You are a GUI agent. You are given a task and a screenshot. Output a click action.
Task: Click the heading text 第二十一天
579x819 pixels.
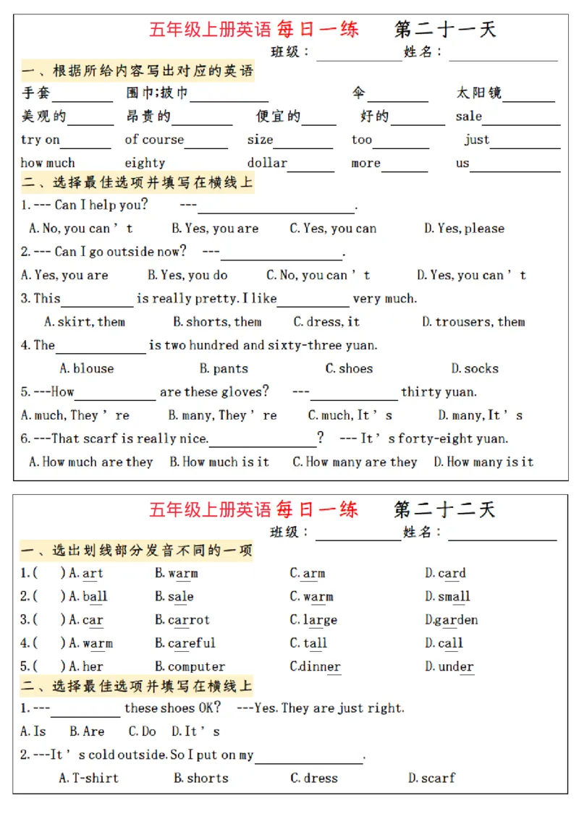[x=444, y=29]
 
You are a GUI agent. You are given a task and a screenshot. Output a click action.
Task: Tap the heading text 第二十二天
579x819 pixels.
[x=444, y=509]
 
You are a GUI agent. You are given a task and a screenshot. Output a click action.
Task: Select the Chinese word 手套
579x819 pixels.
[x=35, y=93]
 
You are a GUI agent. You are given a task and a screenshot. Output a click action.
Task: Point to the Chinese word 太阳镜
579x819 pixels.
[x=478, y=93]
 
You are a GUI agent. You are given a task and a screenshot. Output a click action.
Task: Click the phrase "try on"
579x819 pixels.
[x=40, y=140]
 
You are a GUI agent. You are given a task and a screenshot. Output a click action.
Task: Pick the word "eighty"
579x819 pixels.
[x=145, y=163]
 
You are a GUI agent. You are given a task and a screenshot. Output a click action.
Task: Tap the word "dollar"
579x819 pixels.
[x=267, y=163]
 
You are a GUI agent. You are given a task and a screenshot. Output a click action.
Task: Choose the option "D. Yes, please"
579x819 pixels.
[x=464, y=229]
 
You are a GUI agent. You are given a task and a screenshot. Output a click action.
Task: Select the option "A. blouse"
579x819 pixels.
[x=86, y=368]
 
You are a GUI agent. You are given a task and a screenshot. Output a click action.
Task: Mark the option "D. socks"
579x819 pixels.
[x=475, y=368]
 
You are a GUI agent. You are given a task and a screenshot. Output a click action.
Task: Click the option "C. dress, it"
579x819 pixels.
[x=326, y=322]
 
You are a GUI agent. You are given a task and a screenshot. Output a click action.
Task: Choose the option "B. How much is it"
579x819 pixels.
[x=219, y=462]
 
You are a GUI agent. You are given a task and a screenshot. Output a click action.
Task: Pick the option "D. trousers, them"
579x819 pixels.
[x=473, y=322]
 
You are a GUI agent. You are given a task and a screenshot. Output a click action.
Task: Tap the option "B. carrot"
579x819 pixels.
[x=182, y=620]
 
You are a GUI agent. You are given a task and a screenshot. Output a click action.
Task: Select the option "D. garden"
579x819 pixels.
[x=451, y=620]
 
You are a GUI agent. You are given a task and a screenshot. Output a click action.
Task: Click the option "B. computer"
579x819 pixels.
[x=190, y=666]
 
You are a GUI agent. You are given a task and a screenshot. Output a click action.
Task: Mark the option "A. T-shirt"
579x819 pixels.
[x=88, y=778]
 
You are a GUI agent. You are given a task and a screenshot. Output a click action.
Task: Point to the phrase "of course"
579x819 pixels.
[x=154, y=140]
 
